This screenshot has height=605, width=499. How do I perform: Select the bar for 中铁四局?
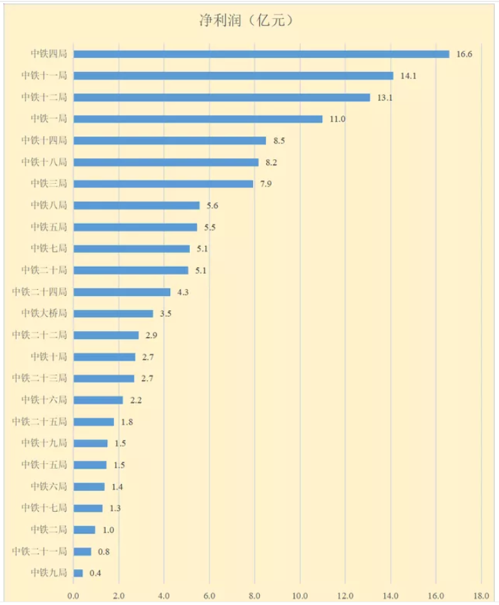tap(261, 54)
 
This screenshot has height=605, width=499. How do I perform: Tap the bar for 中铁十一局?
tap(233, 75)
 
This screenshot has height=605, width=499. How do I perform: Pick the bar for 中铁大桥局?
tap(113, 313)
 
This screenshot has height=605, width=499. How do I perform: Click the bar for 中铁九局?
tap(78, 573)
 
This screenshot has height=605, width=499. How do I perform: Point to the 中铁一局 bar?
tap(198, 119)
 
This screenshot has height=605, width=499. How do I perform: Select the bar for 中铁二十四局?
tap(122, 292)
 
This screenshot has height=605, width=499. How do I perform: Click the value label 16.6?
tap(464, 54)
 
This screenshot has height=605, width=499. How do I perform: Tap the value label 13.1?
tap(385, 97)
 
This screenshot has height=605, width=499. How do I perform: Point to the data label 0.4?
tap(95, 573)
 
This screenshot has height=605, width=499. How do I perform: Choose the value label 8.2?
tap(272, 162)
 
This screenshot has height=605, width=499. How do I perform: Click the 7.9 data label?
tap(267, 184)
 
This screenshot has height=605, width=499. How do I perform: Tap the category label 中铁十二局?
tap(44, 97)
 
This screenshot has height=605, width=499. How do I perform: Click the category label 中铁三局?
tap(48, 184)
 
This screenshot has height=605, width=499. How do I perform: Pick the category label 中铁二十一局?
tap(39, 551)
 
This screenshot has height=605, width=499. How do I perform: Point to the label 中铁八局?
tap(48, 205)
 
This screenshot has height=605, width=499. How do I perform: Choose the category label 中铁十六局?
tap(44, 400)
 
